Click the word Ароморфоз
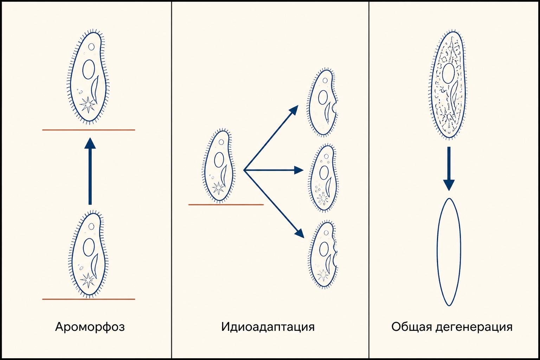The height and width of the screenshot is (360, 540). (90, 327)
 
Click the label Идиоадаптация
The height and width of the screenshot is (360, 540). (268, 327)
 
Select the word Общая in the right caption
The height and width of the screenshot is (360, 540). (411, 327)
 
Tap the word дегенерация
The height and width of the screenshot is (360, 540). (474, 327)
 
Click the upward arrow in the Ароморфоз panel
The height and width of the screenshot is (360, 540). (90, 171)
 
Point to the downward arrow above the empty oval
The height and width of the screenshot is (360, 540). (449, 169)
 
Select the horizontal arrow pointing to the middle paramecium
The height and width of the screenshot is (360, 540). (274, 170)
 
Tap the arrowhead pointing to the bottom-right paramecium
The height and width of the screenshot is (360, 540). (300, 233)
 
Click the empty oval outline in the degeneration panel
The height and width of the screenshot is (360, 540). (437, 252)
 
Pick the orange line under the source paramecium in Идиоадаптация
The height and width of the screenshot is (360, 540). (226, 205)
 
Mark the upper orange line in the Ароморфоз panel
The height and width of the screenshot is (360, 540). (89, 130)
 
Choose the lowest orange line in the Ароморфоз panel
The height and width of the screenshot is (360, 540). (89, 299)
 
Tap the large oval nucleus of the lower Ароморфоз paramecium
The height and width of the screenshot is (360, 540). (89, 247)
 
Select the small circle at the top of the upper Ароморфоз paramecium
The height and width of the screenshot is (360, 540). (91, 47)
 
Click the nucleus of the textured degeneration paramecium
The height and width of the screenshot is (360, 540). (449, 73)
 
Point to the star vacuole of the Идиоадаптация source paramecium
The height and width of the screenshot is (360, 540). (218, 188)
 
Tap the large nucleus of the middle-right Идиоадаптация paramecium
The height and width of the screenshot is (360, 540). (324, 173)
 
